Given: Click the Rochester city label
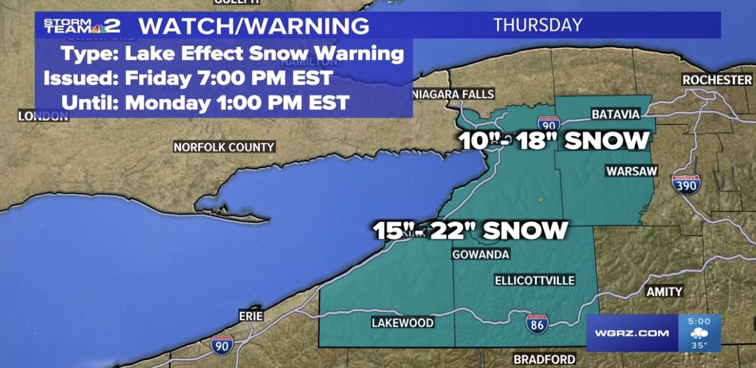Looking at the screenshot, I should pos(717,80).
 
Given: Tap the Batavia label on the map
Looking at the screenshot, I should pos(616,115).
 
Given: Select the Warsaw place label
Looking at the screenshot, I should pos(631,172).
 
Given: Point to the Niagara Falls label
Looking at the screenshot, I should pos(453,94).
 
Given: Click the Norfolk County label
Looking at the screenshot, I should pos(224,147).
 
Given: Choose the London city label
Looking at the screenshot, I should pos(43,116).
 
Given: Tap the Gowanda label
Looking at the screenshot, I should pos(481,254).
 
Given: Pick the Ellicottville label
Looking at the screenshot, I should pos(534,280).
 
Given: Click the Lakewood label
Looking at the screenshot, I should pos(403,323).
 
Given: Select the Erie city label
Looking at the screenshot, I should pos(251,316).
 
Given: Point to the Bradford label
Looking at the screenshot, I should pos(544,359).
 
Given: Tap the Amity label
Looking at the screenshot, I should pos(664,292).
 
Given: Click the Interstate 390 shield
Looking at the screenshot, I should pos(685,184).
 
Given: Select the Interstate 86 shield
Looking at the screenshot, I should pos(536,324).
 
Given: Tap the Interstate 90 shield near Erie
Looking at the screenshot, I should pos(222,344).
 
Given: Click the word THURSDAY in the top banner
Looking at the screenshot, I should pos(537,25).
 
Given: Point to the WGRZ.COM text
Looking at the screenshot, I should pos(632,333).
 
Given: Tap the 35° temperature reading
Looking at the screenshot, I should pos(698,345).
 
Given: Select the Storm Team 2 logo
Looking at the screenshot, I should pos(82,26).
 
